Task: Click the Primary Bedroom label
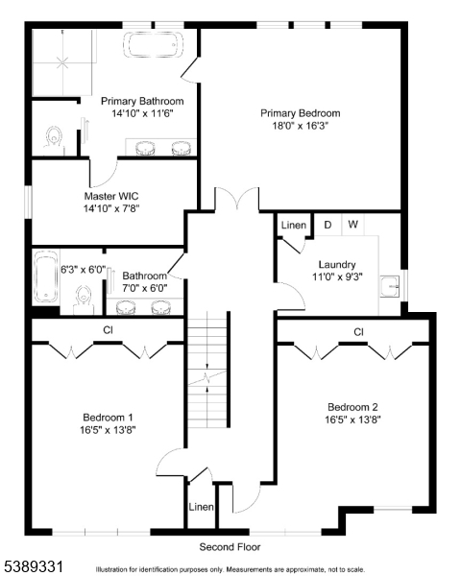[x=300, y=113]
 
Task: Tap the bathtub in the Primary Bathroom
[x=153, y=45]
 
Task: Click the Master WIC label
[x=111, y=196]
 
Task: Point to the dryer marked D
[x=328, y=225]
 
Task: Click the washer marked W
[x=352, y=224]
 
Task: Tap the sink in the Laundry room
[x=390, y=286]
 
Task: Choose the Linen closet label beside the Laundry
[x=294, y=225]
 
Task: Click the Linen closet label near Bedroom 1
[x=201, y=507]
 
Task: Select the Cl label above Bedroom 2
[x=358, y=332]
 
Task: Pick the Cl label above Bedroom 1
[x=108, y=330]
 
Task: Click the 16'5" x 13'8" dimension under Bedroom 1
[x=108, y=430]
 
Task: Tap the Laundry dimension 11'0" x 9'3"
[x=337, y=276]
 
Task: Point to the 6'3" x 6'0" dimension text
[x=84, y=270]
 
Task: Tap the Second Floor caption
[x=230, y=547]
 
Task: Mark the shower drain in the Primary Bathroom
[x=62, y=62]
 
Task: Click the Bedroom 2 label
[x=352, y=407]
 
